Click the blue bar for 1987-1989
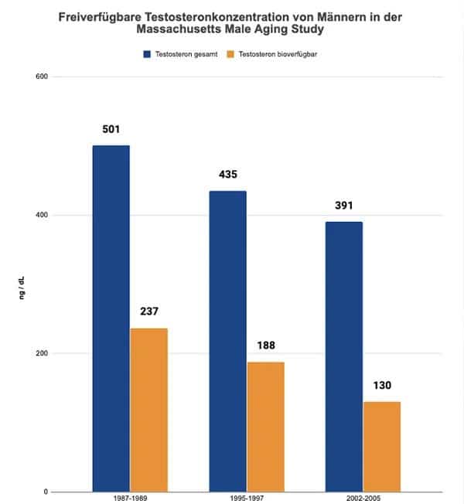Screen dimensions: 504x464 click(111, 318)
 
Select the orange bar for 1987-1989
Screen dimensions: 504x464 click(148, 410)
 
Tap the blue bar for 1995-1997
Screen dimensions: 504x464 click(227, 341)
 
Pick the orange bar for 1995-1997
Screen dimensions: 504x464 click(265, 427)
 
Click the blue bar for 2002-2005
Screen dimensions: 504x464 click(344, 356)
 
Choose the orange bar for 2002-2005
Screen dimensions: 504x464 click(382, 447)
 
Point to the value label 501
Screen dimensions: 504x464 click(111, 129)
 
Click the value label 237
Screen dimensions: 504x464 click(148, 312)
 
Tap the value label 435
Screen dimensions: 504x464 click(227, 175)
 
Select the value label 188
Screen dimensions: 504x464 click(265, 346)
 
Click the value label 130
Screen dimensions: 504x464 click(382, 386)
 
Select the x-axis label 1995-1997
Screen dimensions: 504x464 click(247, 499)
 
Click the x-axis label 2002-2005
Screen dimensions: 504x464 click(363, 499)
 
